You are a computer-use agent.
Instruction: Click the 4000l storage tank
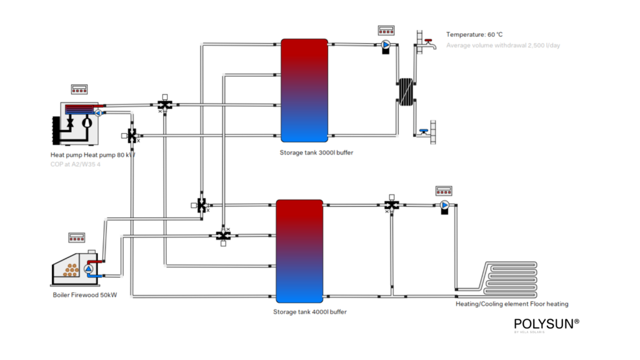coord(299,251)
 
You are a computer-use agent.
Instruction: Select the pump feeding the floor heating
coord(444,205)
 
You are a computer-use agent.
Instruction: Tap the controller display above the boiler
coord(77,237)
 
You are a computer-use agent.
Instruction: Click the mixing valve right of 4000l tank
coord(392,205)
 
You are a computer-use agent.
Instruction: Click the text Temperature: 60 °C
coord(474,34)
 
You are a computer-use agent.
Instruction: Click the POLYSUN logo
coord(546,324)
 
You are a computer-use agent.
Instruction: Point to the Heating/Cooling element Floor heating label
coord(512,304)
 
